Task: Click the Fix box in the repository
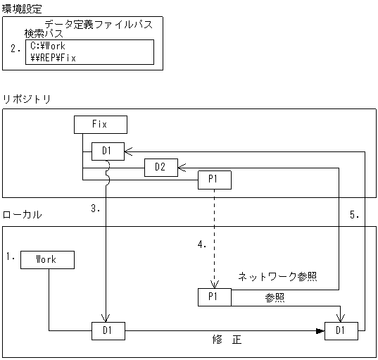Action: point(100,125)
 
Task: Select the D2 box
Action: point(160,167)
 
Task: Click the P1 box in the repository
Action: point(215,180)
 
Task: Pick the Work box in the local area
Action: point(47,259)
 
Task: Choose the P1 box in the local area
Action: point(215,297)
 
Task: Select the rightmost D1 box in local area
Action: point(341,329)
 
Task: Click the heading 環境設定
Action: point(22,8)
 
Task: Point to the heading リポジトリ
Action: point(27,99)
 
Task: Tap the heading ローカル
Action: point(23,213)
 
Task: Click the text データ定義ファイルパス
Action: point(98,24)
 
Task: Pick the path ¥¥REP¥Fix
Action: point(53,58)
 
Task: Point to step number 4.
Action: point(201,244)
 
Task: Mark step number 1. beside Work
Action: point(11,257)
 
